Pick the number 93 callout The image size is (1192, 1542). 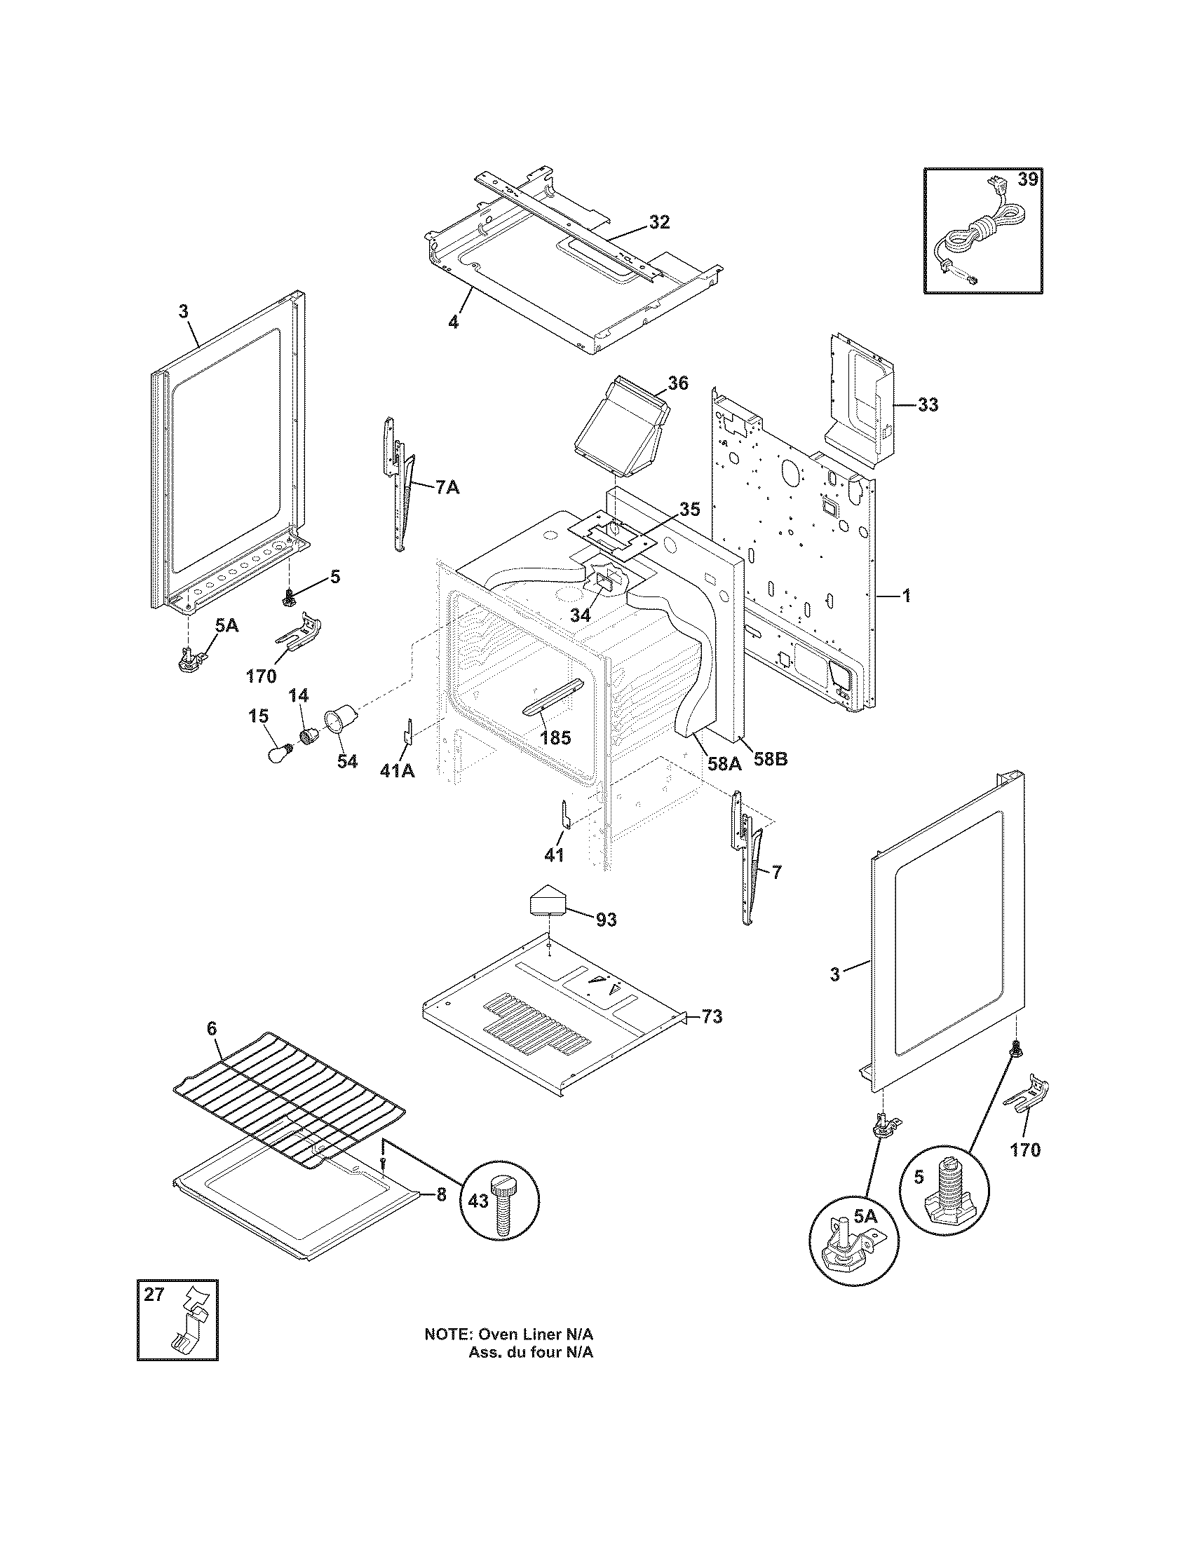pos(606,920)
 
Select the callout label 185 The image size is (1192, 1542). pos(555,739)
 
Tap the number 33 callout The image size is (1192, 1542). pos(928,404)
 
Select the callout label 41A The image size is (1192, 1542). pos(398,771)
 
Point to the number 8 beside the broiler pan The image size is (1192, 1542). pos(441,1194)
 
